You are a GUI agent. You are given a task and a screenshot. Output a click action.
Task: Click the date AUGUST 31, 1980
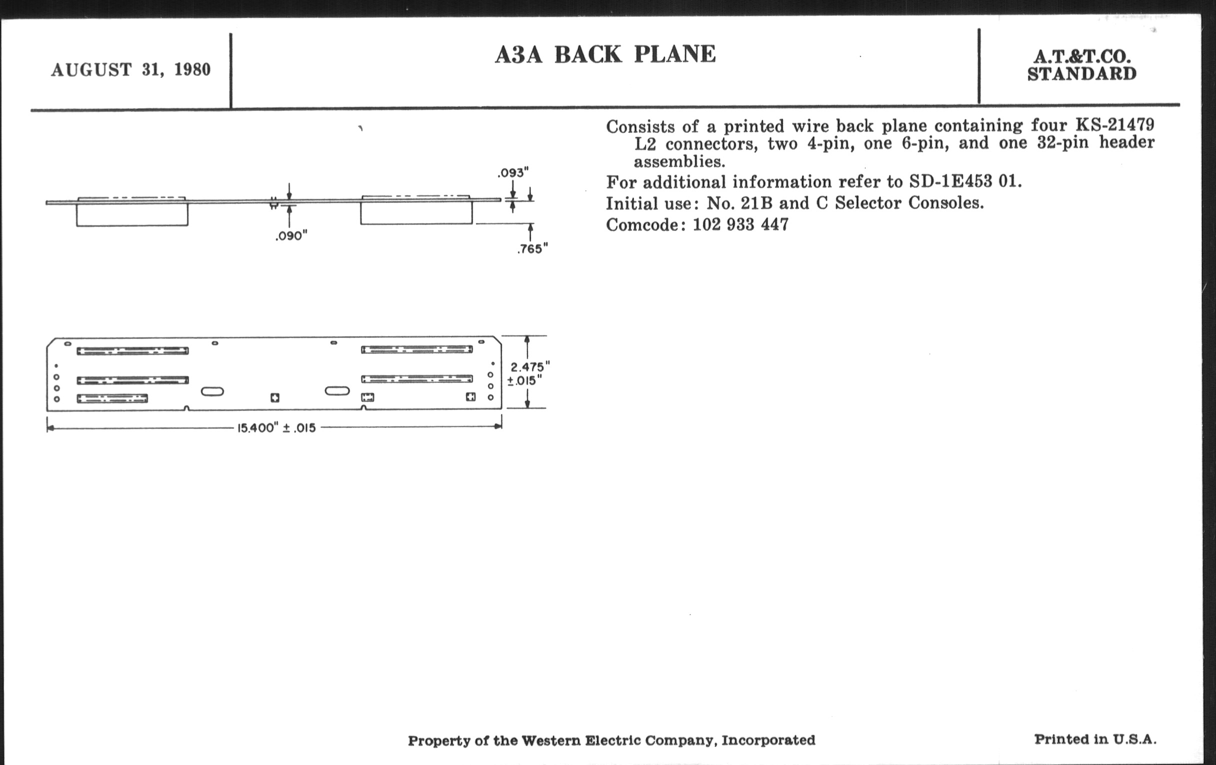[131, 69]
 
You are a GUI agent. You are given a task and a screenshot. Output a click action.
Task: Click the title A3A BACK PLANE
[605, 54]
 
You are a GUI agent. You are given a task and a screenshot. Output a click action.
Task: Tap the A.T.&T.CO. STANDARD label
[1081, 65]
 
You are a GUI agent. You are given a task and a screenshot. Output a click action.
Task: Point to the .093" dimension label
[513, 172]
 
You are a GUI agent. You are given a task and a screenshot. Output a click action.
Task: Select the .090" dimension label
[291, 236]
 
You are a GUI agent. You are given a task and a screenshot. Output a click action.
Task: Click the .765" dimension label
[532, 248]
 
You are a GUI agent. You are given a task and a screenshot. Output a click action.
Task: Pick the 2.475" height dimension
[529, 367]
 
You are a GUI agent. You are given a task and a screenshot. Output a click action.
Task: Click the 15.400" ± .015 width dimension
[276, 427]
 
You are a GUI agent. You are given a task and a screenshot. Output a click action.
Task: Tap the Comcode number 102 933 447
[740, 224]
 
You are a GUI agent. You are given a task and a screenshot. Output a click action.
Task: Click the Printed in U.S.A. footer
[1095, 739]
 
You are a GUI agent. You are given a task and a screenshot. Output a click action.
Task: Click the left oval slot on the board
[212, 391]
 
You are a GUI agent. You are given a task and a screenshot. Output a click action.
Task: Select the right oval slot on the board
[337, 390]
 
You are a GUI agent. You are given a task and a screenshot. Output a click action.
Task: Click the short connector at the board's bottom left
[112, 398]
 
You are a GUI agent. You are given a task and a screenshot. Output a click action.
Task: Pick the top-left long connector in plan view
[132, 351]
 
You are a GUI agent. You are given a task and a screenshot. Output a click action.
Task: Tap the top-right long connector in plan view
[416, 349]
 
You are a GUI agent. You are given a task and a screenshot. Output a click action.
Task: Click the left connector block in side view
[132, 214]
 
